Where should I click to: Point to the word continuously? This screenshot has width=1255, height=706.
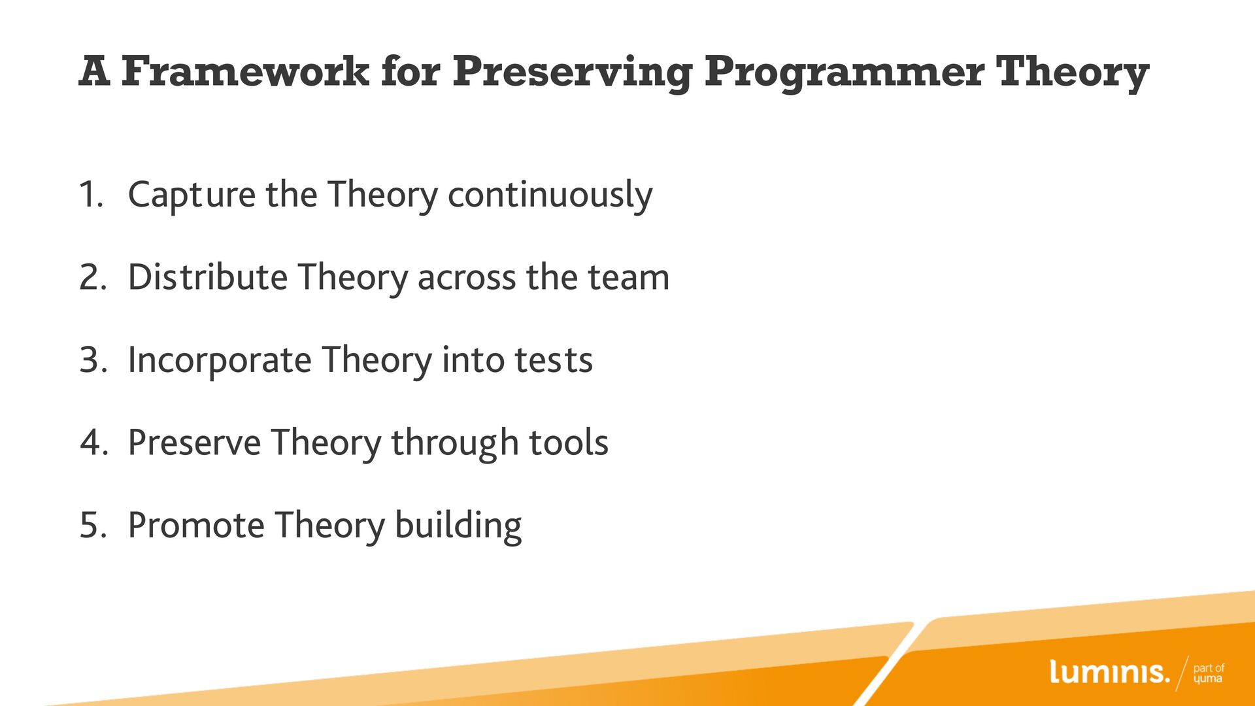pyautogui.click(x=550, y=195)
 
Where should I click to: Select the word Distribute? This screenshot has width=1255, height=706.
pyautogui.click(x=207, y=277)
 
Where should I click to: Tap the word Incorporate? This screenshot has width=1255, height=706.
pyautogui.click(x=220, y=361)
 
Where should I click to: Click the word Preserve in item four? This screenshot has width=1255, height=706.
pyautogui.click(x=194, y=443)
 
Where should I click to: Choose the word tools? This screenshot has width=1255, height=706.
pyautogui.click(x=568, y=443)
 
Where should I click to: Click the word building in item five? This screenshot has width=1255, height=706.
pyautogui.click(x=458, y=526)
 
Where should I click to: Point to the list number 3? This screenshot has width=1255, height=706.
pyautogui.click(x=93, y=360)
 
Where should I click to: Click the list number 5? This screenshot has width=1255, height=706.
pyautogui.click(x=93, y=526)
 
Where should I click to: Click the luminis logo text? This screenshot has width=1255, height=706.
pyautogui.click(x=1109, y=672)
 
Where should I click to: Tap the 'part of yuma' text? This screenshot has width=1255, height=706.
pyautogui.click(x=1209, y=673)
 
